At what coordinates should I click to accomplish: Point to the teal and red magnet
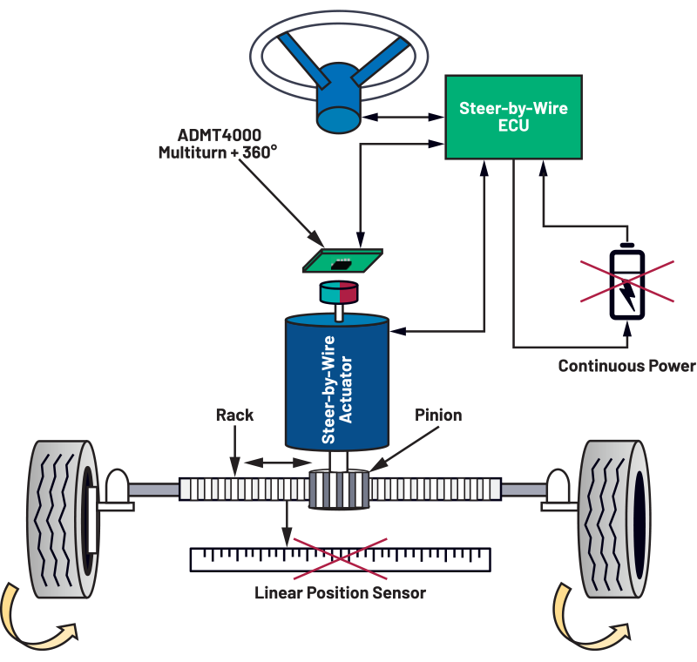pos(339,293)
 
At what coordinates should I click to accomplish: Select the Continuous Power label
pos(626,366)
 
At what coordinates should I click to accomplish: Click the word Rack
pos(234,415)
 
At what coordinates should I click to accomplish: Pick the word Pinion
pos(438,415)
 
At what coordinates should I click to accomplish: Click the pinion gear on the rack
pos(339,493)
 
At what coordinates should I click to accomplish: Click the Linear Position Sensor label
pos(340,594)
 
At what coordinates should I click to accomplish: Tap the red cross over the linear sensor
pos(340,558)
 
